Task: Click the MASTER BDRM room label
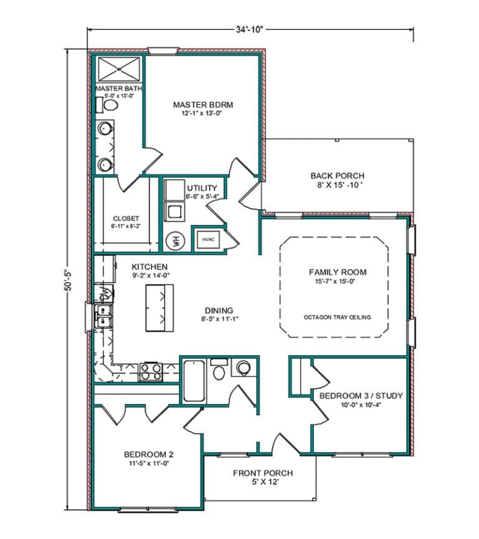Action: pyautogui.click(x=198, y=104)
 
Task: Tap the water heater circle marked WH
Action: pyautogui.click(x=174, y=241)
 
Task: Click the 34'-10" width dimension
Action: pyautogui.click(x=251, y=29)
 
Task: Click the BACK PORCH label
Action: pyautogui.click(x=337, y=176)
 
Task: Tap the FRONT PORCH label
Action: pyautogui.click(x=263, y=473)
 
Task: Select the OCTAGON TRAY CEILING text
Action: pyautogui.click(x=337, y=317)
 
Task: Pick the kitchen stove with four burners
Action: pyautogui.click(x=150, y=371)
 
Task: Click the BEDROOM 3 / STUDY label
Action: pyautogui.click(x=360, y=396)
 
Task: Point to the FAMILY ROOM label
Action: pyautogui.click(x=337, y=272)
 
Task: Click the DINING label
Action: pyautogui.click(x=218, y=310)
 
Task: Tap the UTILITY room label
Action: pyautogui.click(x=202, y=188)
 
